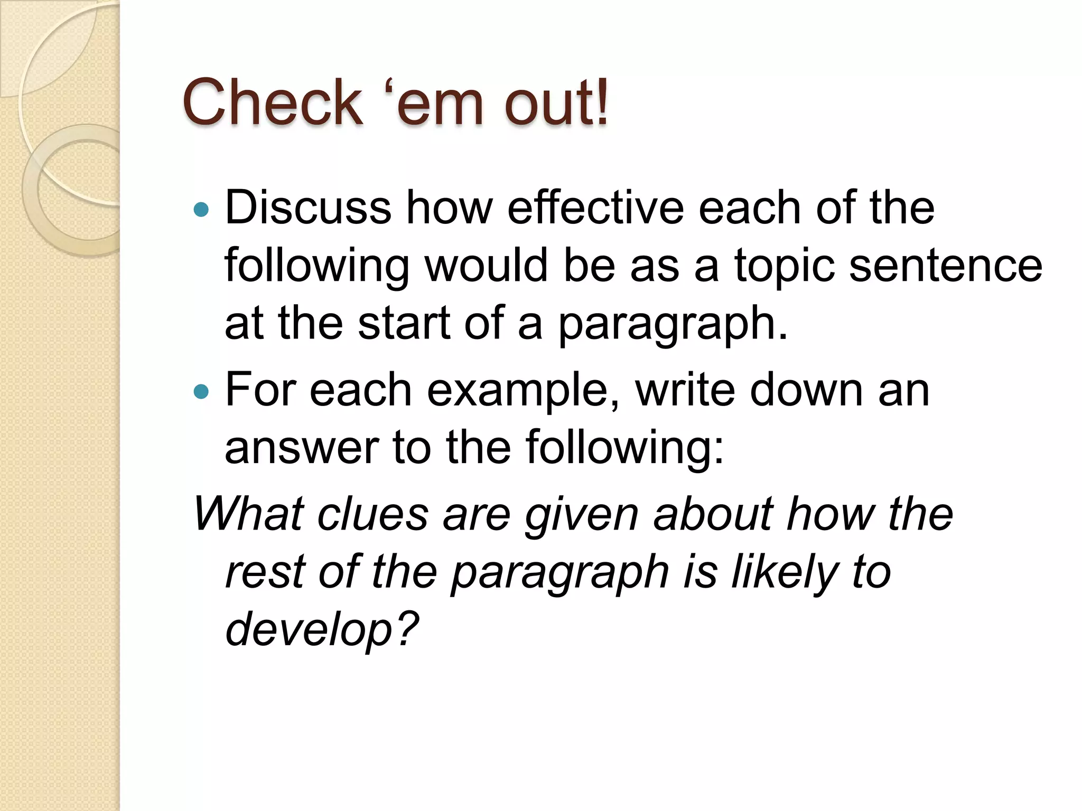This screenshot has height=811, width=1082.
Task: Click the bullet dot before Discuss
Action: (201, 210)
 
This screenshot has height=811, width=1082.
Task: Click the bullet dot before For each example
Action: (201, 392)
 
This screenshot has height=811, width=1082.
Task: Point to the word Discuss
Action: (308, 208)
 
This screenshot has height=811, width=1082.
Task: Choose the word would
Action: (486, 265)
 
